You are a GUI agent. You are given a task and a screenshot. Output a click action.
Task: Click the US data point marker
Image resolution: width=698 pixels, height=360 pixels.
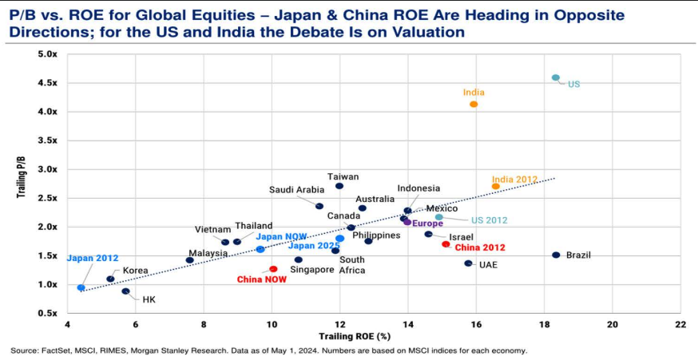[x=556, y=78]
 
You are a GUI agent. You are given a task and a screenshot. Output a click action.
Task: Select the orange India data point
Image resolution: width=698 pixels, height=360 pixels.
[x=474, y=105]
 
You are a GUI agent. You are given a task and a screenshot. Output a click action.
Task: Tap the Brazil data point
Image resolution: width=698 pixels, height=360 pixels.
[x=557, y=255]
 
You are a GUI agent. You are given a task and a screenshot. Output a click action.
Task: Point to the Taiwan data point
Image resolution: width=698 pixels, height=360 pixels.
[x=339, y=186]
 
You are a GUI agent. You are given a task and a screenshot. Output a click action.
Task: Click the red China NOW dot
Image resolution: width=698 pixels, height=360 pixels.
[x=273, y=270]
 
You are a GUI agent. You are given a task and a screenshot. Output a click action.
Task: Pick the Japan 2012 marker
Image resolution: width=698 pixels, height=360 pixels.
[x=81, y=287]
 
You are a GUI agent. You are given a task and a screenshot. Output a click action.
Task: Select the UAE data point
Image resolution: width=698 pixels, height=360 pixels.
[x=469, y=263]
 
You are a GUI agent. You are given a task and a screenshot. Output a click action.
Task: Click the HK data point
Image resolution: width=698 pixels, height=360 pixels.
[x=126, y=291]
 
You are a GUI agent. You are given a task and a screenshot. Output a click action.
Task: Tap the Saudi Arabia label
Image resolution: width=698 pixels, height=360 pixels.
[x=296, y=190]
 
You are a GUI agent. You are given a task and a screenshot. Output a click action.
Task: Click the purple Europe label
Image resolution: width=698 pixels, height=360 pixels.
[x=427, y=224]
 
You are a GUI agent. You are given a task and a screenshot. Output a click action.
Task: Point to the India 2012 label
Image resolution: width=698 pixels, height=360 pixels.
[x=514, y=180]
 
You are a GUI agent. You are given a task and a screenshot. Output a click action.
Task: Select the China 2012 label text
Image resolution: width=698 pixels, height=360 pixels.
[x=480, y=248]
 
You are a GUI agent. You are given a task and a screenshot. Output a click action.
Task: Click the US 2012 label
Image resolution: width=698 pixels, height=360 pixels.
[x=489, y=220]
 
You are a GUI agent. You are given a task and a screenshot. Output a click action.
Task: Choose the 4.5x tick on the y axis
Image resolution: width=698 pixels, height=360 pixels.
[x=47, y=83]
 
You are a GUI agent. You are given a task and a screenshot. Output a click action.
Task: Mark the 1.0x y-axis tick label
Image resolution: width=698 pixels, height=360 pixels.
[x=47, y=285]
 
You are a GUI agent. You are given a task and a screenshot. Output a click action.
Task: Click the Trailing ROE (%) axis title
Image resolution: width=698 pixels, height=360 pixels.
[x=349, y=337]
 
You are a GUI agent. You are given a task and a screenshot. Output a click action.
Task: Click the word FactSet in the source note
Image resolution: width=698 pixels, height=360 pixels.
[x=57, y=350]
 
